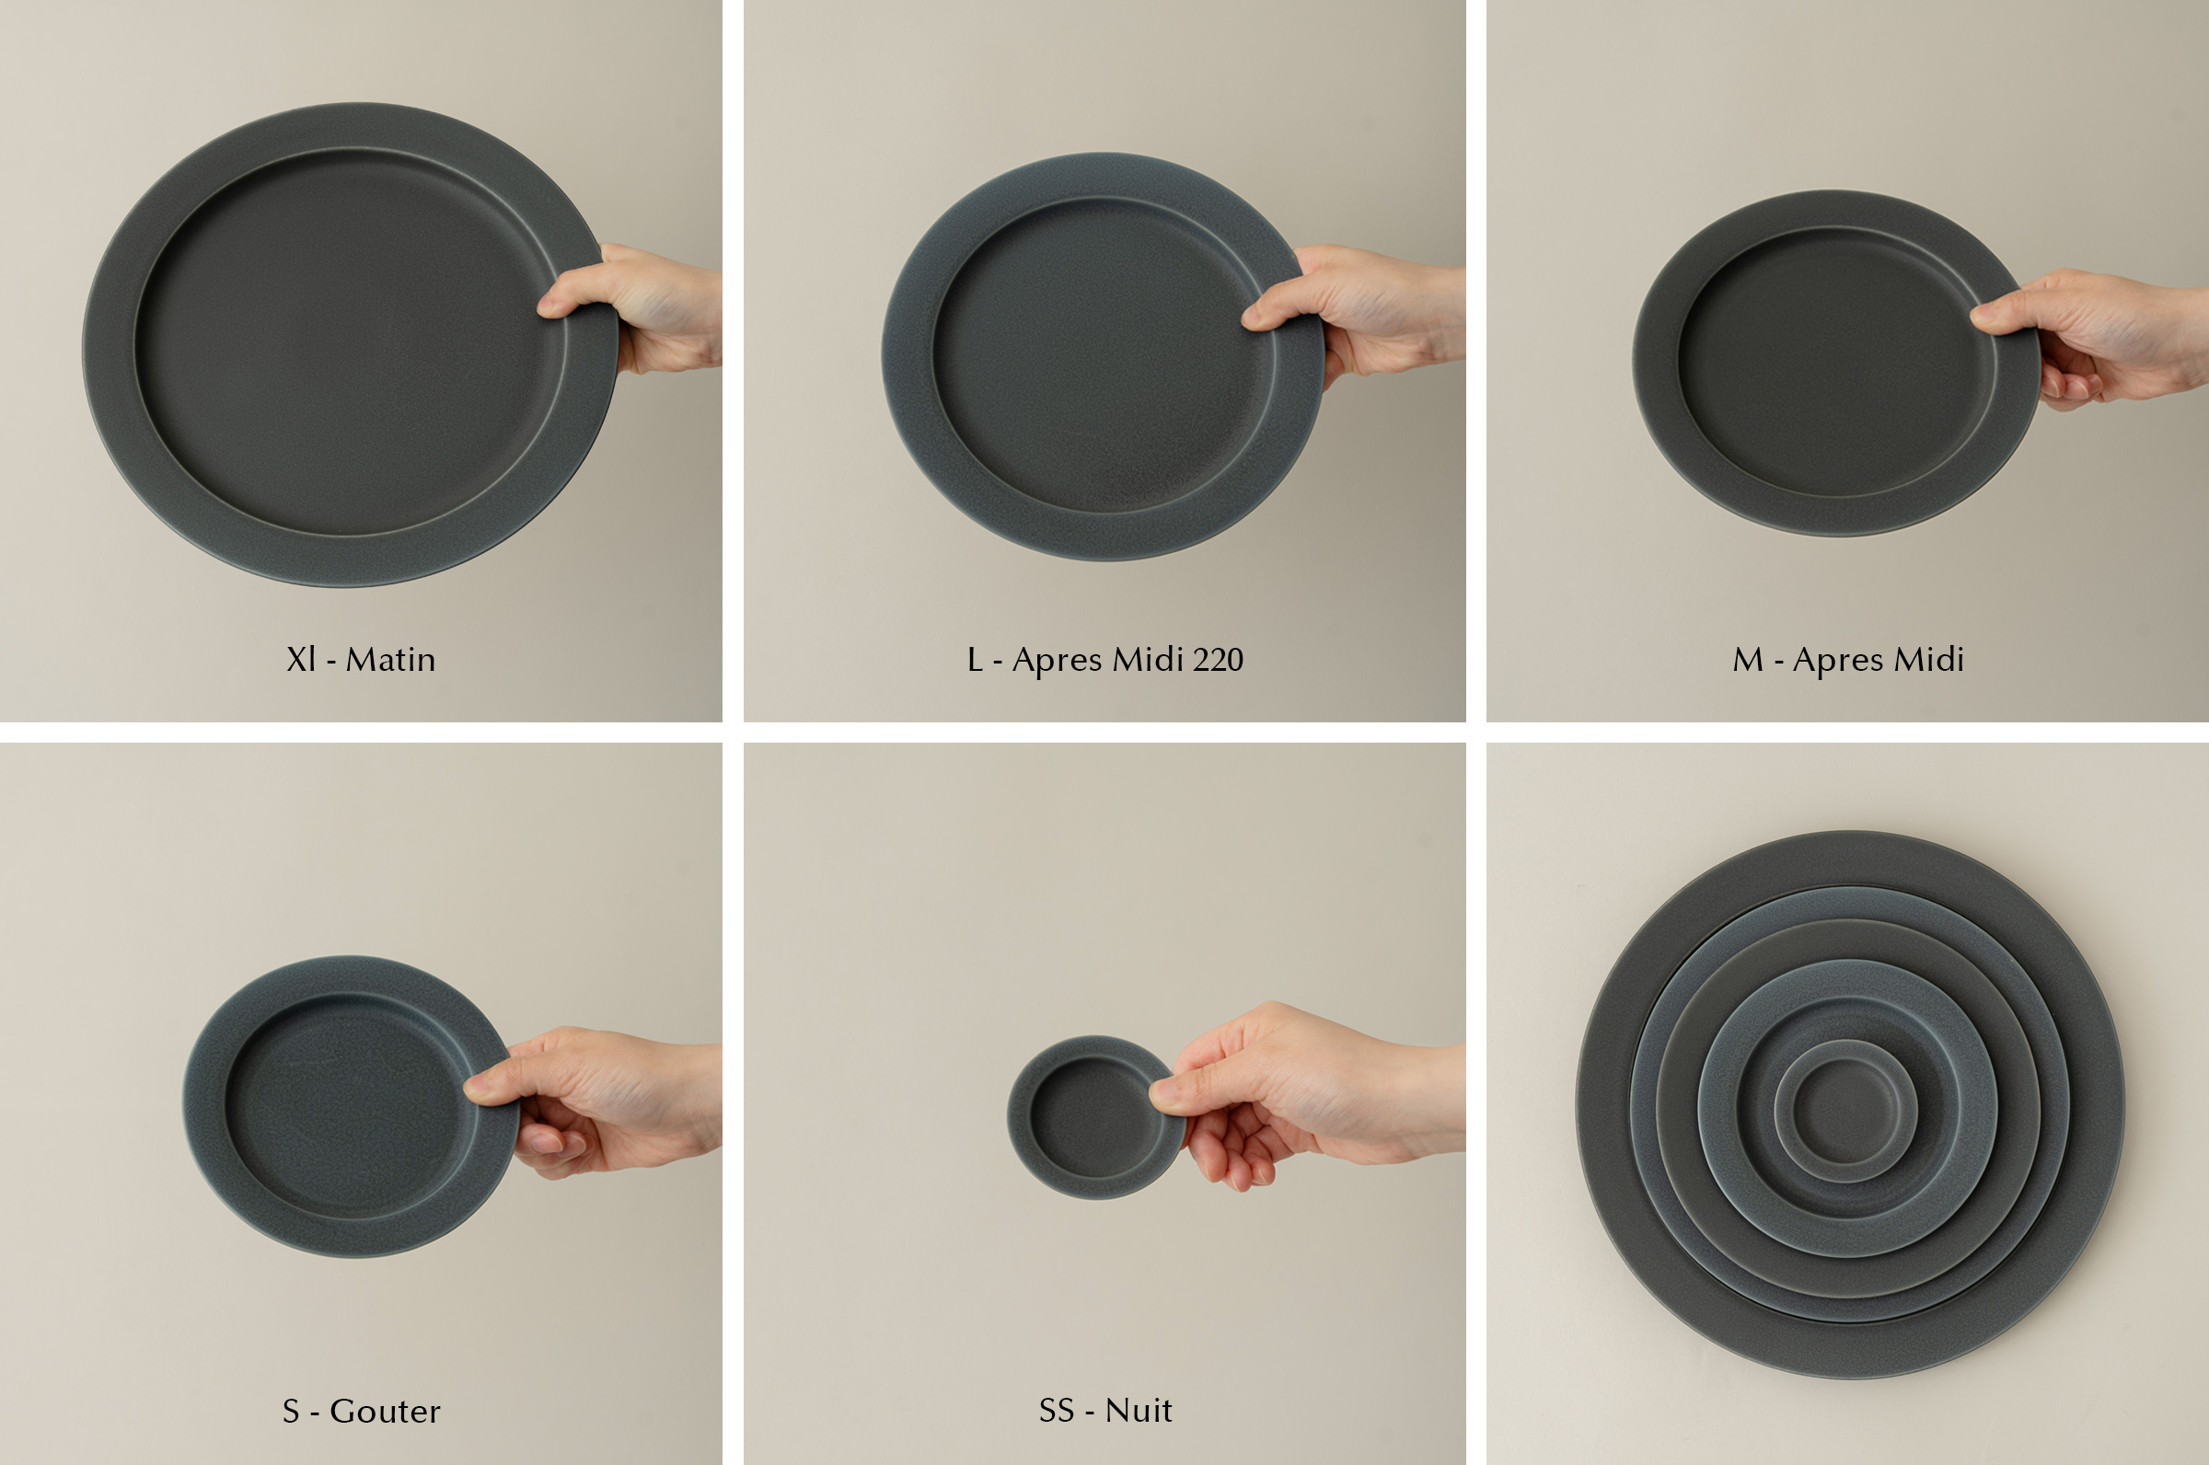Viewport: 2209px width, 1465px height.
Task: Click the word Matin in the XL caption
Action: (x=390, y=660)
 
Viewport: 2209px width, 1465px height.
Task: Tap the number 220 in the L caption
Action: (x=1218, y=660)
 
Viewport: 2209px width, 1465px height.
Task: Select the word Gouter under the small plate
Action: (x=385, y=1411)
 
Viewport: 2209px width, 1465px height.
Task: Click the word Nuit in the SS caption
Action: (x=1139, y=1410)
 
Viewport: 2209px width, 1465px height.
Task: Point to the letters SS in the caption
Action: (x=1057, y=1410)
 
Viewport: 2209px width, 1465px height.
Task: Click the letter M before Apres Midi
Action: (x=1747, y=660)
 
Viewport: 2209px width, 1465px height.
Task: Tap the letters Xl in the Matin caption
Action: (x=301, y=660)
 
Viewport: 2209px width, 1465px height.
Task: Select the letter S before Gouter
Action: (x=291, y=1411)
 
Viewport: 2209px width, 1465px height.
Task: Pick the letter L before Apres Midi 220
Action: (x=975, y=660)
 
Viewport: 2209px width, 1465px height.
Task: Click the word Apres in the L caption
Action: (x=1057, y=662)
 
